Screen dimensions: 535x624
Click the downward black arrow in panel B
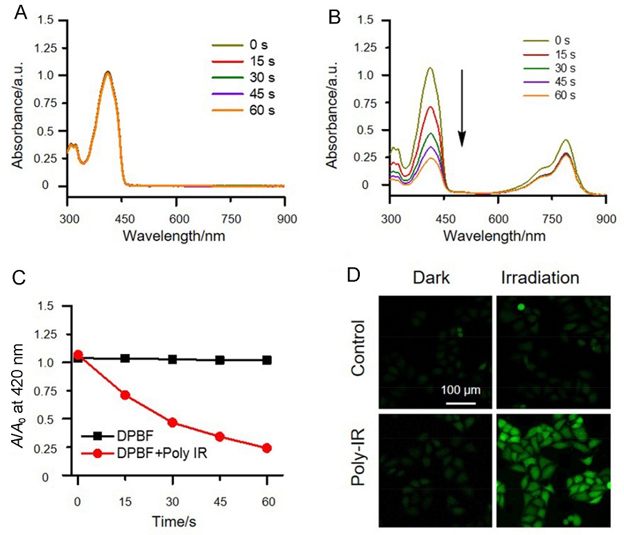pyautogui.click(x=461, y=107)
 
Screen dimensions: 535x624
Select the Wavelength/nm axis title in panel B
pyautogui.click(x=495, y=235)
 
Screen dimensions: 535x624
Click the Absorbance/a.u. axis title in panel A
pyautogui.click(x=17, y=104)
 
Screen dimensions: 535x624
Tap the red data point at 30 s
pyautogui.click(x=172, y=423)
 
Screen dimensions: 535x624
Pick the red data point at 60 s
pyautogui.click(x=266, y=448)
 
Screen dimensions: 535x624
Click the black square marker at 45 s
pyautogui.click(x=219, y=360)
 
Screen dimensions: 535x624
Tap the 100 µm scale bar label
pyautogui.click(x=460, y=390)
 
